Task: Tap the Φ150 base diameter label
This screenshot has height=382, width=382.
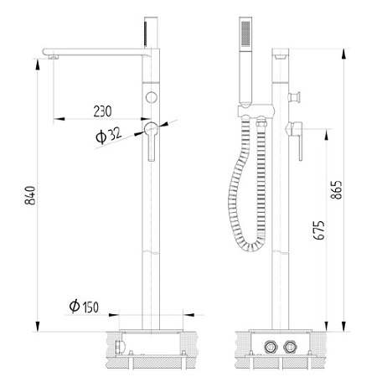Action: tap(85, 307)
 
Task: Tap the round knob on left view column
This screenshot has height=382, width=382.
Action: tap(151, 99)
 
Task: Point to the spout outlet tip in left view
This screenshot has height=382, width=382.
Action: tap(53, 56)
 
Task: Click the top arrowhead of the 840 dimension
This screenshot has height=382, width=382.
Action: tap(38, 56)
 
